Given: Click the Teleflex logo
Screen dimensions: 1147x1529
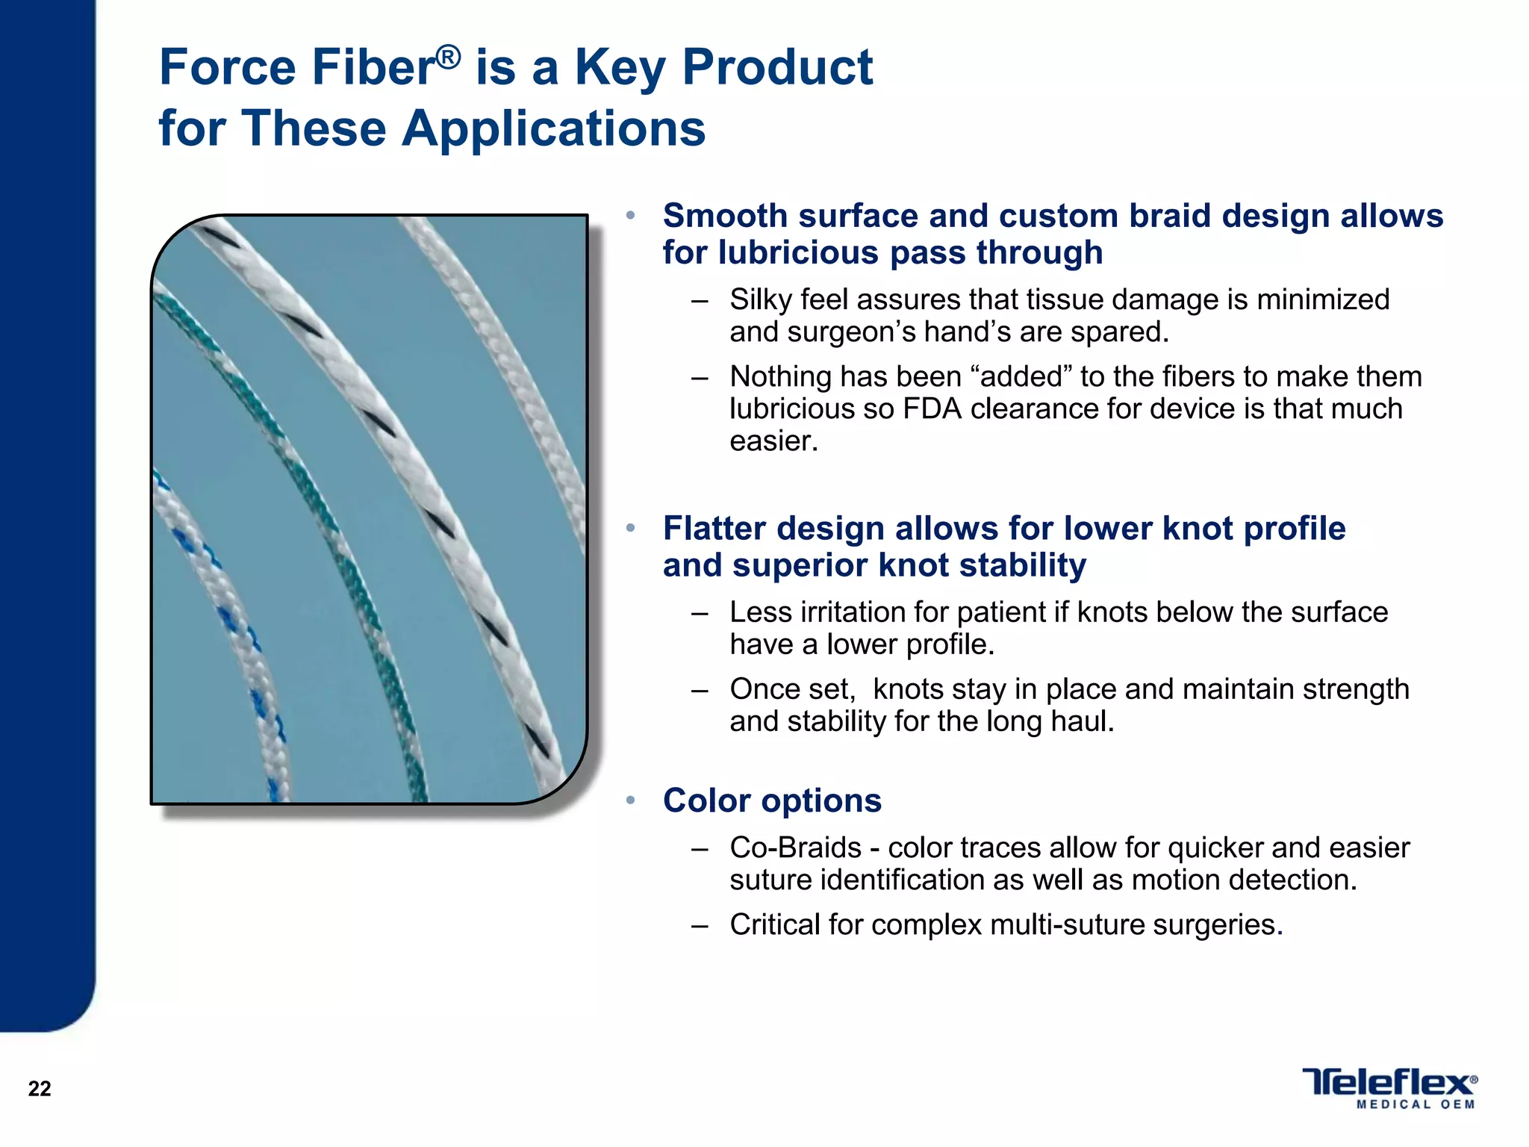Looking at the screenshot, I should [1389, 1082].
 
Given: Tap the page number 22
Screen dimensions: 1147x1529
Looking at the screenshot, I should [40, 1089].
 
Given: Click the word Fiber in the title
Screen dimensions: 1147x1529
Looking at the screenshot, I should [373, 67].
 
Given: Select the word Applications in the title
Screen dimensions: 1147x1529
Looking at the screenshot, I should [553, 128].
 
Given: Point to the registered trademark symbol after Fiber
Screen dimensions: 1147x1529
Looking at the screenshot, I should [448, 56].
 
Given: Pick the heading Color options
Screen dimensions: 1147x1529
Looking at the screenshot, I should [772, 801].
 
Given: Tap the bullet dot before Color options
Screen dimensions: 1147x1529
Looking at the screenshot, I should [631, 801].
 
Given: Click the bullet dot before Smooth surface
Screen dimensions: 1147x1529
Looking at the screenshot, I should [631, 216].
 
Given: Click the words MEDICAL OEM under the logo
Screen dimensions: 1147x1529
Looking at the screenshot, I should [1416, 1104].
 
